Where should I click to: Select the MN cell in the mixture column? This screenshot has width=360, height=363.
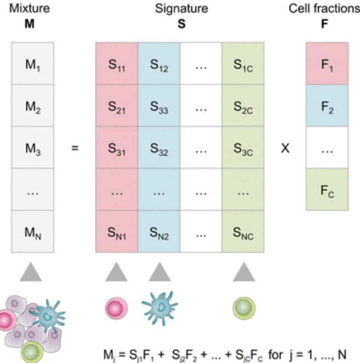pyautogui.click(x=32, y=231)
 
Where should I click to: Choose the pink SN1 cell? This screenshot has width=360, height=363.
pyautogui.click(x=116, y=231)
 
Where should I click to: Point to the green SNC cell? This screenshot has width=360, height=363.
pyautogui.click(x=243, y=231)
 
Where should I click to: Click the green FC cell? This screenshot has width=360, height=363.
pyautogui.click(x=327, y=189)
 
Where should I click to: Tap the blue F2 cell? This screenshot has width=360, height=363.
pyautogui.click(x=327, y=105)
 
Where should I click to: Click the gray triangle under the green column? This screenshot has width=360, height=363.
pyautogui.click(x=243, y=273)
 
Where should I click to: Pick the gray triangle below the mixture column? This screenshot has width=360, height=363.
pyautogui.click(x=31, y=273)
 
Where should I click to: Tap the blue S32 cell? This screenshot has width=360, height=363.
pyautogui.click(x=159, y=148)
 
